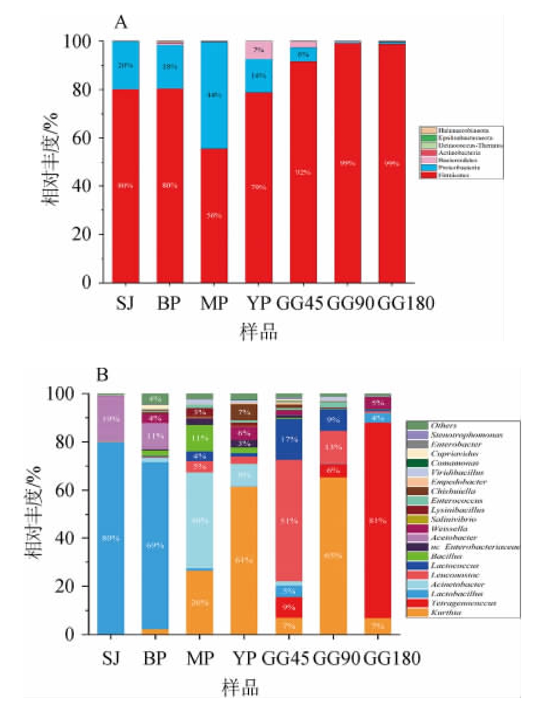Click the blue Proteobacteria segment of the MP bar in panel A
coord(215,95)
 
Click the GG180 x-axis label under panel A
coord(405,304)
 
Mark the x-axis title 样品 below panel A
coord(258,333)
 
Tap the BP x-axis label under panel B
coord(155,658)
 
